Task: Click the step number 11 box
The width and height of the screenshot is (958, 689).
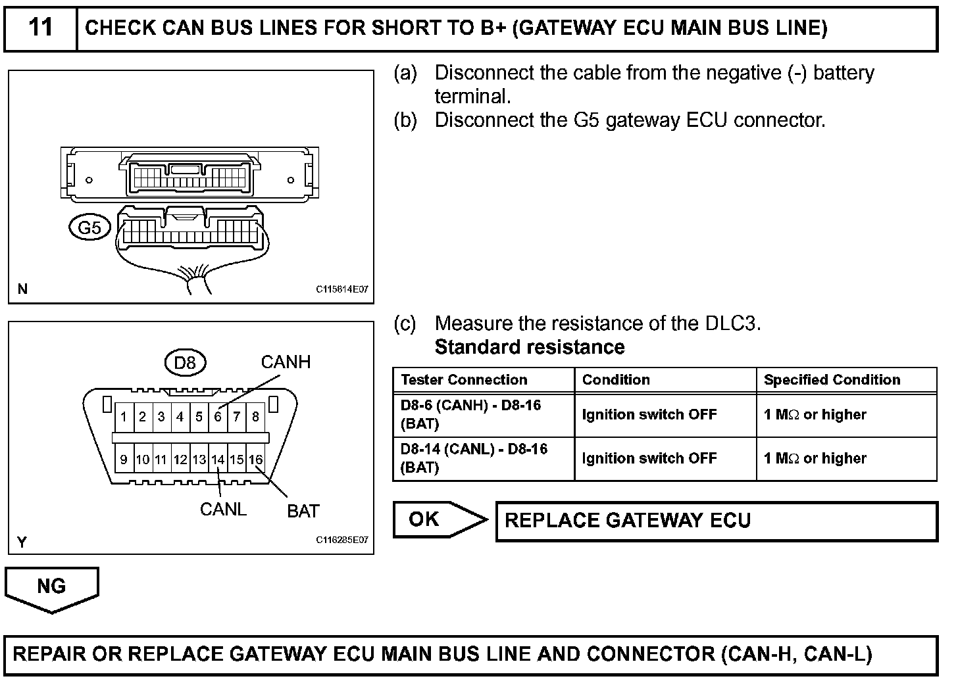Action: [41, 28]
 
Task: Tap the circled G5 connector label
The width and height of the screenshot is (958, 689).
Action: [89, 227]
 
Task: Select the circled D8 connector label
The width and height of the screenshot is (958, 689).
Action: [185, 362]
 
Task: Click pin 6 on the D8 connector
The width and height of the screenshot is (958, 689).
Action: [218, 416]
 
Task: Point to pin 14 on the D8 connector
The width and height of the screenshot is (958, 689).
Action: [218, 460]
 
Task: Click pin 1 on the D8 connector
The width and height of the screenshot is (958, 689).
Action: [123, 416]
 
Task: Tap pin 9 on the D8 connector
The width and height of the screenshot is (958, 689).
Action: [123, 460]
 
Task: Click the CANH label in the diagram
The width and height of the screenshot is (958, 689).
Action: [286, 362]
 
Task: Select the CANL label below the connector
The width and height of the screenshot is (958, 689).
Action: [223, 510]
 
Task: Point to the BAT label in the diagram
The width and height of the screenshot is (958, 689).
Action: [303, 511]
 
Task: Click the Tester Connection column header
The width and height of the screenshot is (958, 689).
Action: [464, 380]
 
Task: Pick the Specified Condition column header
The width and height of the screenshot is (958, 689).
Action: [832, 380]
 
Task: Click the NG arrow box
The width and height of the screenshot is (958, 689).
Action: [51, 587]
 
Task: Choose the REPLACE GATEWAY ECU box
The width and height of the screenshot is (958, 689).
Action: [716, 521]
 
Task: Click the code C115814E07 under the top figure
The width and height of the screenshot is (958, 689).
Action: [342, 289]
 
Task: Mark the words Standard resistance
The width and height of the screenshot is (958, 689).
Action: [530, 347]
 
